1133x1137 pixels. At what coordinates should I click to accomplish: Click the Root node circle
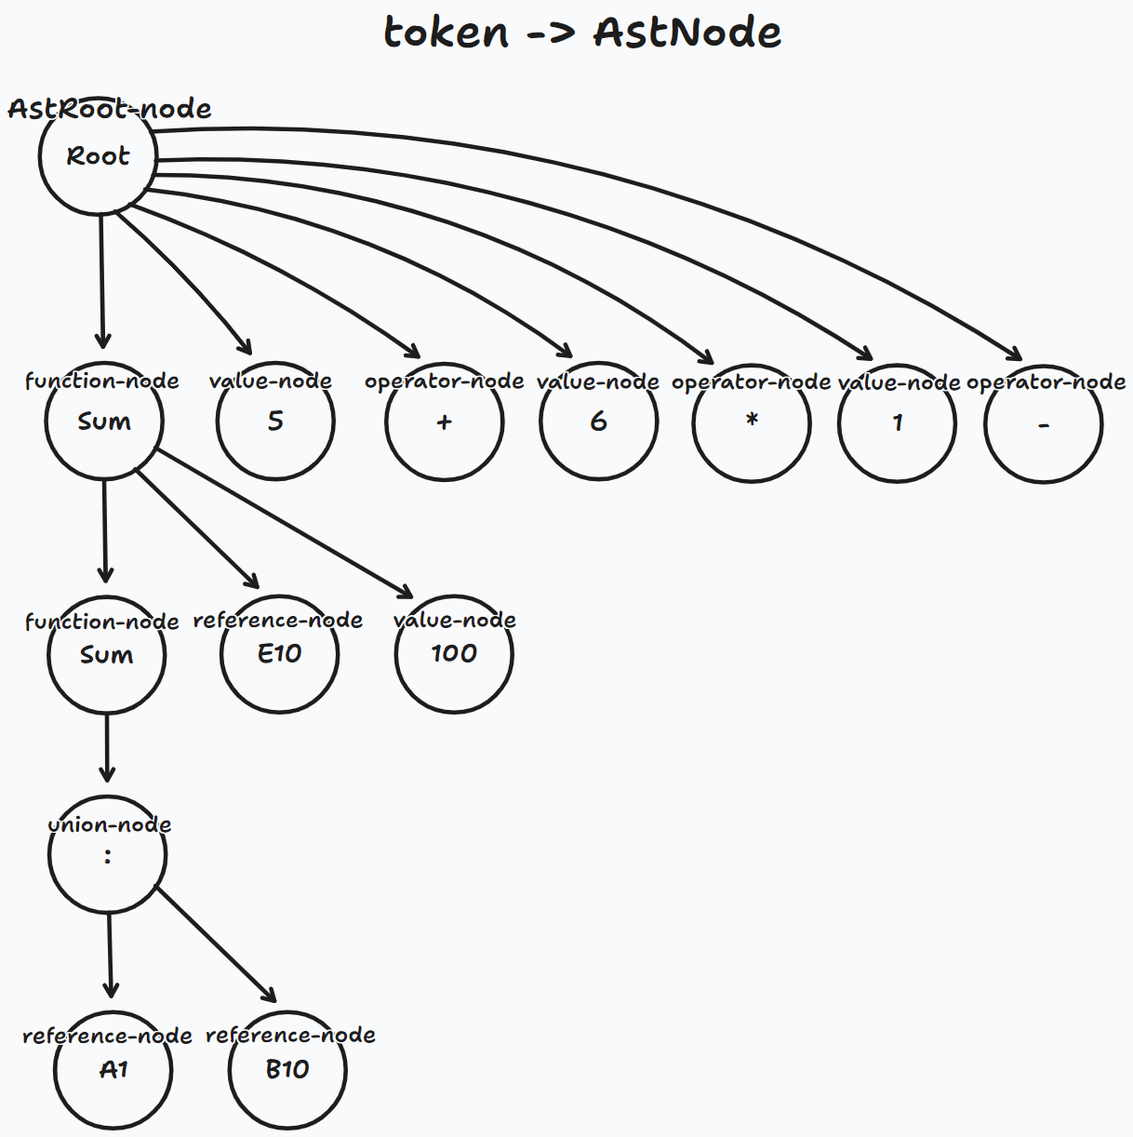coord(98,156)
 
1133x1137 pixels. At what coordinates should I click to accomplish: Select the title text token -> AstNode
coord(582,33)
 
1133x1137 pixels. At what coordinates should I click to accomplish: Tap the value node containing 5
coord(275,421)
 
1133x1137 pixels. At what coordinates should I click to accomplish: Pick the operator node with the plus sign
coord(445,422)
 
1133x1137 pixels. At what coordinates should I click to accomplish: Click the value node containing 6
coord(598,422)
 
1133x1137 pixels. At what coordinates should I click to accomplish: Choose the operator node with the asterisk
coord(752,423)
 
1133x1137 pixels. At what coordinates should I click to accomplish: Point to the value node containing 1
coord(897,424)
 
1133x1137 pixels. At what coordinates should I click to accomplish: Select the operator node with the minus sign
coord(1044,425)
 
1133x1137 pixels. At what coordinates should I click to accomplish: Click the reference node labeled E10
coord(280,654)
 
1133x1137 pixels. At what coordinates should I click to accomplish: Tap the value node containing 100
coord(454,654)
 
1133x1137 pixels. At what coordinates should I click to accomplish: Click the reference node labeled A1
coord(113,1070)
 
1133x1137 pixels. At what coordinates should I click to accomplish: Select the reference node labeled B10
coord(287,1070)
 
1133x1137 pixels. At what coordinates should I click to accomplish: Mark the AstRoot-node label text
coord(110,109)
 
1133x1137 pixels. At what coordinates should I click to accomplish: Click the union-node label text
coord(110,824)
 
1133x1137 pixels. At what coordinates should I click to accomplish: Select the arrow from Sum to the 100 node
coord(284,523)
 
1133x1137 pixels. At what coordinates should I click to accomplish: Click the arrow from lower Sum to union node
coord(107,747)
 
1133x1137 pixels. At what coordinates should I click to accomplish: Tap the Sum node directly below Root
coord(104,421)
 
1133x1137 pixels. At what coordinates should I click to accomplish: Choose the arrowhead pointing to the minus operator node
coord(1014,354)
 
